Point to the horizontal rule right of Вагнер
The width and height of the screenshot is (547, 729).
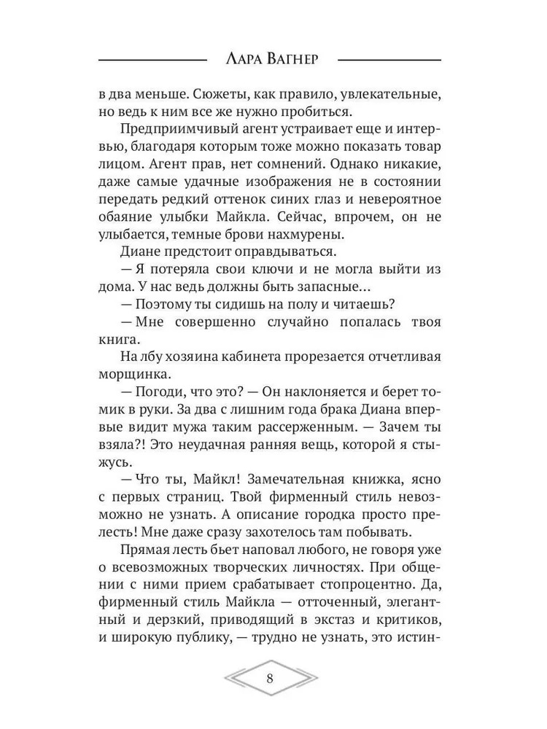click(390, 59)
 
